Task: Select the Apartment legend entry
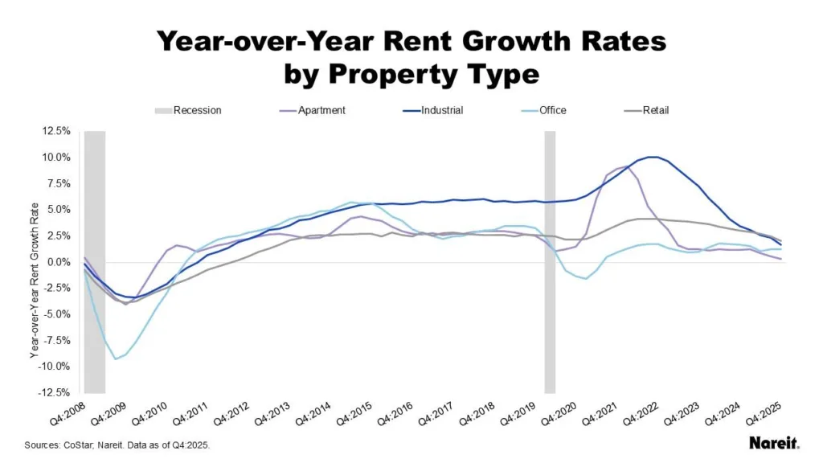tap(321, 110)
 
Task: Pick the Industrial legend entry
tap(440, 110)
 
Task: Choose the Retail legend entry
tap(655, 110)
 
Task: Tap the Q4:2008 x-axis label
tap(66, 419)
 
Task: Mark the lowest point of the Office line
tap(117, 359)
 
